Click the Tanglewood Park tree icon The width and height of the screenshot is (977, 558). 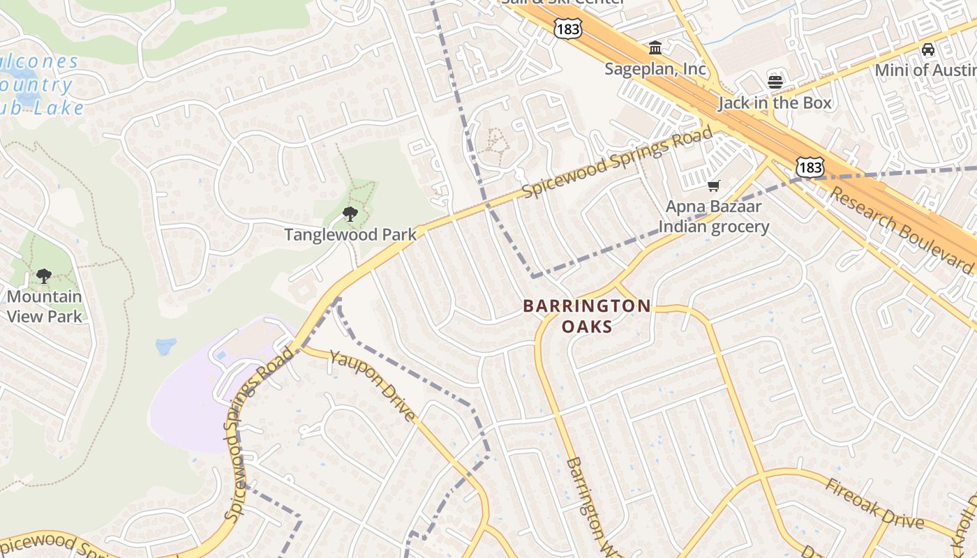[350, 214]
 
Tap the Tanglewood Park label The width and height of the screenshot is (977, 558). [350, 234]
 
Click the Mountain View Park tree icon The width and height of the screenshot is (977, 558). [44, 276]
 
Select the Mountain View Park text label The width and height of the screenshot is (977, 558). [45, 306]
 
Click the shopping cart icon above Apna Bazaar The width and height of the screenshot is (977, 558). [713, 186]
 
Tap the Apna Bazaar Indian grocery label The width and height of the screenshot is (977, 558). [713, 216]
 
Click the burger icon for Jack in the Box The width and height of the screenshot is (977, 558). [775, 82]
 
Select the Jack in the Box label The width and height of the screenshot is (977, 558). [775, 103]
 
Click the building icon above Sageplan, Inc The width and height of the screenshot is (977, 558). [655, 48]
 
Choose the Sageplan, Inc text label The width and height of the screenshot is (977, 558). [655, 69]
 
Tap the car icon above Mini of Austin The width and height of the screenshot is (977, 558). [927, 50]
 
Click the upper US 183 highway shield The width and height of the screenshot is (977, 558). [567, 29]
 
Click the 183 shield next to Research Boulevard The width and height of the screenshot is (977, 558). [810, 167]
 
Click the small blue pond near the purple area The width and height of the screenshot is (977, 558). [166, 346]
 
